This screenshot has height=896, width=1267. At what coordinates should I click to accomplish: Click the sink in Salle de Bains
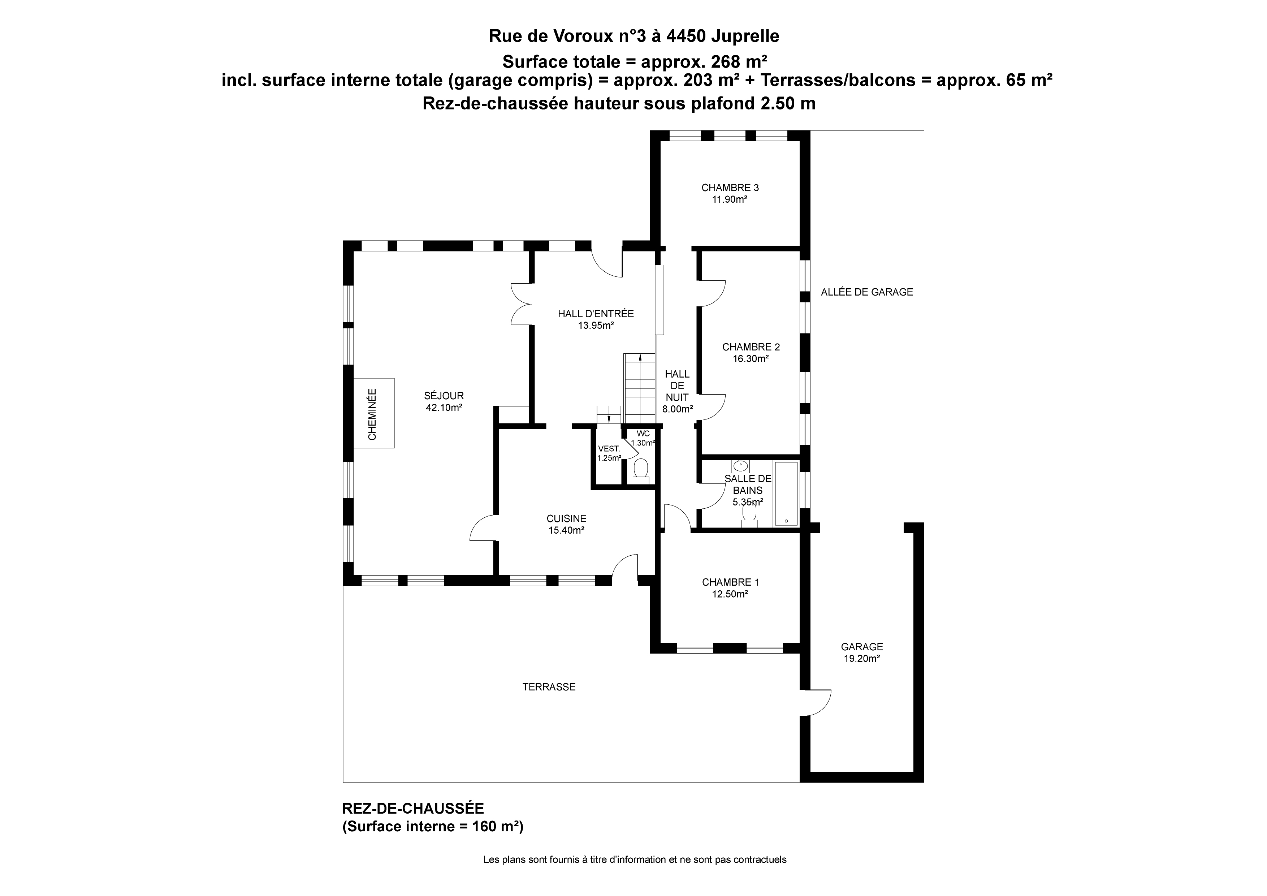coord(740,466)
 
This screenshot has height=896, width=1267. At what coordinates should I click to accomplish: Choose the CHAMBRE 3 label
coord(730,188)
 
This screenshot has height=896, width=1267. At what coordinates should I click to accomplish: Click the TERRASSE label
coord(549,687)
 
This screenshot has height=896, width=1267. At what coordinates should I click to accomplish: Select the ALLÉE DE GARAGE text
coord(867,292)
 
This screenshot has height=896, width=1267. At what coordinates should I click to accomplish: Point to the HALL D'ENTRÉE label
coord(596,314)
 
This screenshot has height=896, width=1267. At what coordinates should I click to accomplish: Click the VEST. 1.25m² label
coord(609,453)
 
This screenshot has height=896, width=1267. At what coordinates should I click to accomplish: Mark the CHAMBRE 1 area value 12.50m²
coord(730,595)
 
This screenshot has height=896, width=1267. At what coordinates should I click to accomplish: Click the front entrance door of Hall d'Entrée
coord(607,264)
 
